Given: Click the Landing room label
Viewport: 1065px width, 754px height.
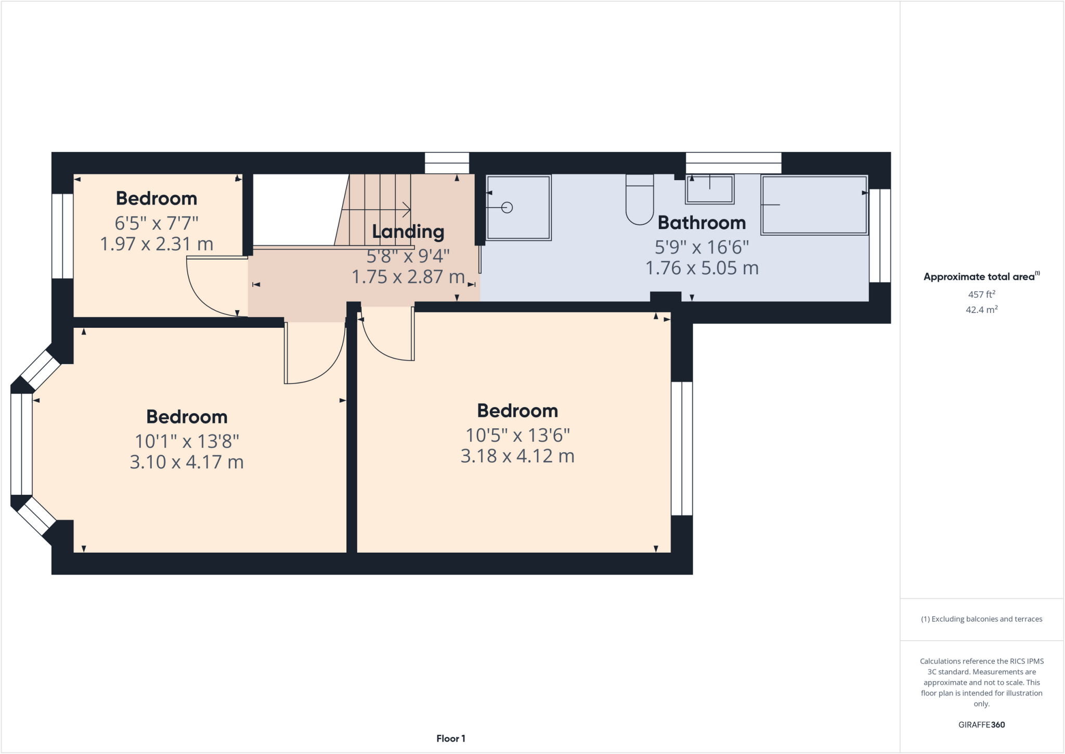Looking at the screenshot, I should click(408, 232).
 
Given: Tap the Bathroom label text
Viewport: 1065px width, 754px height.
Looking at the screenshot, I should click(702, 223).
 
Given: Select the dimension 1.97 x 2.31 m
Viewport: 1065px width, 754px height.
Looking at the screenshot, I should click(157, 244).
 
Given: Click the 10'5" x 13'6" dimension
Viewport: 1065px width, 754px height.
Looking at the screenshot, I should click(517, 435).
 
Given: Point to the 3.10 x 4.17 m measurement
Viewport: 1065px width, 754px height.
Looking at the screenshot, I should click(187, 462).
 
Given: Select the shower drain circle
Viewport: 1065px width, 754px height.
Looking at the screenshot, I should click(507, 208).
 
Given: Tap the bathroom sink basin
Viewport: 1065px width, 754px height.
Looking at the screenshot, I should click(710, 189).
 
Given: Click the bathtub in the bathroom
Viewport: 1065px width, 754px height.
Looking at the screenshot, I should click(814, 205).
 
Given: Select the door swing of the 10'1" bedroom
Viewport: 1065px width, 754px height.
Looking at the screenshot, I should click(322, 364).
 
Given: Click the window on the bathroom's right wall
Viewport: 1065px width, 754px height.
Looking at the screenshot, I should click(880, 235).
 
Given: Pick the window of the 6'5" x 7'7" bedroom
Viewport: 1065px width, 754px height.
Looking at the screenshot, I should click(62, 236).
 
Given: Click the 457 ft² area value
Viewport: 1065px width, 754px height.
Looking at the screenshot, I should click(981, 295).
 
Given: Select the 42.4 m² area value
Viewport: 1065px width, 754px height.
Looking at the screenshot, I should click(981, 310).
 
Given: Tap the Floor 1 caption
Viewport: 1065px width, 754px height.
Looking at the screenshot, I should click(451, 738).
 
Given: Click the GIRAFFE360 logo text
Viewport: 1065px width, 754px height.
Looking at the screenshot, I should click(981, 724).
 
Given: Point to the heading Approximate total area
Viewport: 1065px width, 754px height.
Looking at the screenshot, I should click(980, 277).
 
